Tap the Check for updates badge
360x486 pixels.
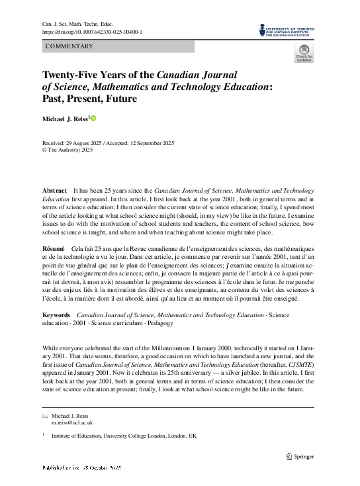304,54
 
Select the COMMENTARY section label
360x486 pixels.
69,46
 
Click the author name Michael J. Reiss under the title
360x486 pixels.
66,119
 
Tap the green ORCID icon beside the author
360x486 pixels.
94,119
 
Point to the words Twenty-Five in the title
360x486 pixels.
68,74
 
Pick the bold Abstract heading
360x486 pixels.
54,190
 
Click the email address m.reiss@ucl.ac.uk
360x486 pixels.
72,422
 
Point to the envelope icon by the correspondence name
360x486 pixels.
45,415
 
